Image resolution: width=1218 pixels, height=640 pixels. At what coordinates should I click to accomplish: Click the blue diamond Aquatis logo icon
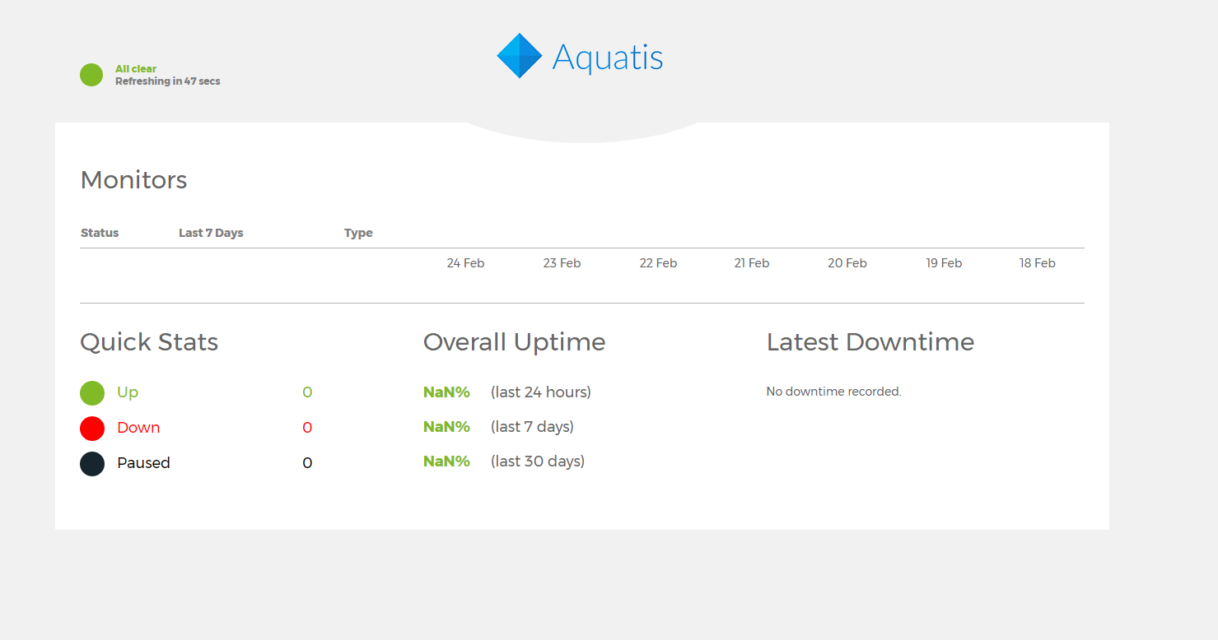point(520,56)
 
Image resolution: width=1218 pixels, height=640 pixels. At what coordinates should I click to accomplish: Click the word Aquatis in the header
point(608,57)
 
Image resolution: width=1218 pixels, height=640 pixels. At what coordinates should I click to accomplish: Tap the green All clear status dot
point(91,75)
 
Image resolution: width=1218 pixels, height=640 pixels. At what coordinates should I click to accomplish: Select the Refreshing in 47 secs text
point(167,81)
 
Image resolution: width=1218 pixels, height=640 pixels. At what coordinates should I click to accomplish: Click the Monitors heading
point(133,180)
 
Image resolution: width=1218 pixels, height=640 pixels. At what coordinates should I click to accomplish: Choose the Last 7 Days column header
point(211,233)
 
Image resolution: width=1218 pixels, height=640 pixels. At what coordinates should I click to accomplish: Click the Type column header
point(358,233)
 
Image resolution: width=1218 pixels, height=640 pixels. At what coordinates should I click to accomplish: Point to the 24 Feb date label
point(465,263)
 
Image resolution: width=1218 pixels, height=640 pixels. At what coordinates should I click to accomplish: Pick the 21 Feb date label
point(751,263)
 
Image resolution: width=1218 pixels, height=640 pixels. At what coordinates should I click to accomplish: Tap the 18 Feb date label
point(1037,263)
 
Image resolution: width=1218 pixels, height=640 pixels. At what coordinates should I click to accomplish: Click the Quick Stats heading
point(149,342)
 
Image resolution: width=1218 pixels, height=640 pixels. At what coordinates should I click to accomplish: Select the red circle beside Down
point(92,428)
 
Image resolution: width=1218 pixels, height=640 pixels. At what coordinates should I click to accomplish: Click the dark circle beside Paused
point(92,464)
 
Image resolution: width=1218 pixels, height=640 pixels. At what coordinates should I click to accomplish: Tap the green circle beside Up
point(92,392)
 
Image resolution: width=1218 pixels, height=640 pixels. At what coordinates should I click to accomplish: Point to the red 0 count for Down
point(307,428)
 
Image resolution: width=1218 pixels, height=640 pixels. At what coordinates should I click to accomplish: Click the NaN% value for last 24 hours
point(446,392)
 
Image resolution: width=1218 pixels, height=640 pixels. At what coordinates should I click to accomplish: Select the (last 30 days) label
point(538,461)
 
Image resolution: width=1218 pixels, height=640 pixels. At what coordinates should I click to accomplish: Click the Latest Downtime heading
point(870,342)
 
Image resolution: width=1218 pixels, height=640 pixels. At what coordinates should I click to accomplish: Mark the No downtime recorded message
point(833,392)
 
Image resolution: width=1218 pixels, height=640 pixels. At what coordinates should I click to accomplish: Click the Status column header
point(100,233)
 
